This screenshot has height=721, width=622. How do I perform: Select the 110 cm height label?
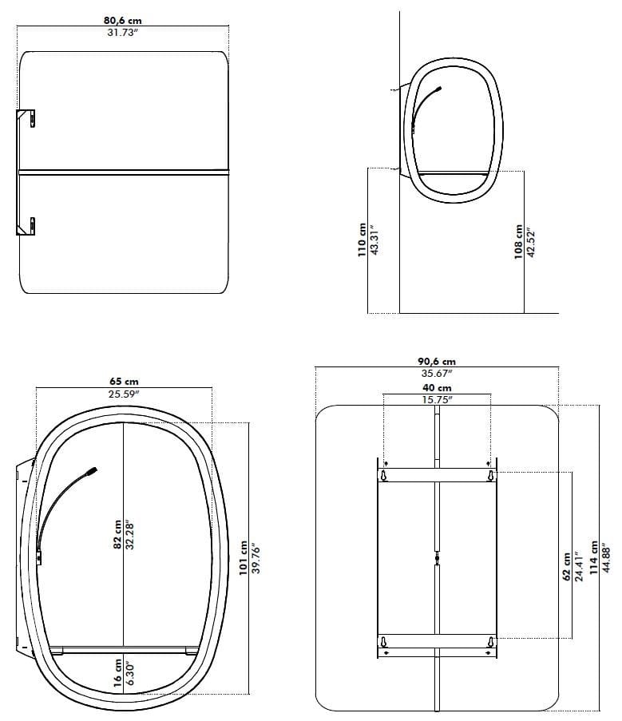[362, 240]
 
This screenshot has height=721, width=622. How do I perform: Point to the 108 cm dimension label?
[518, 241]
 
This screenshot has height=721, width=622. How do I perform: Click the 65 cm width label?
[123, 382]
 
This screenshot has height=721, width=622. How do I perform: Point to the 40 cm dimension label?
[436, 387]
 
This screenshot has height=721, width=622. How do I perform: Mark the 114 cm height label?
[593, 557]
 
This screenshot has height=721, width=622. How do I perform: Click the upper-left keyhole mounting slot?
[385, 476]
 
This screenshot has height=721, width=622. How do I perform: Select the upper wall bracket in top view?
[26, 117]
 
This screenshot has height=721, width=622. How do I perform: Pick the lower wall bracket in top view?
[26, 225]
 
